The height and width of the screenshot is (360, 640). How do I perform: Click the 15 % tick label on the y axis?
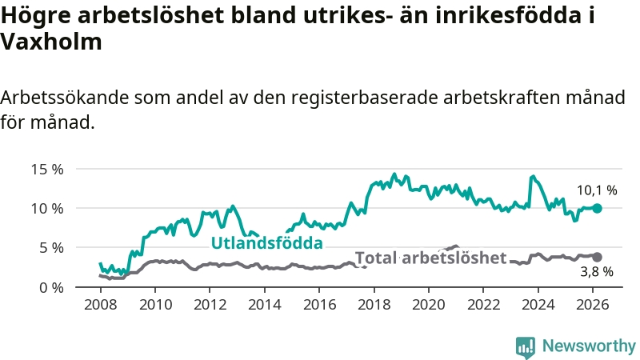point(47,169)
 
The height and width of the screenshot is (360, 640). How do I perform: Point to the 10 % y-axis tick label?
point(47,208)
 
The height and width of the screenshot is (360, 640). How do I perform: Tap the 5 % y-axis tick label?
point(50,247)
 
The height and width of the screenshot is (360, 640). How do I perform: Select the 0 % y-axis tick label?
point(50,286)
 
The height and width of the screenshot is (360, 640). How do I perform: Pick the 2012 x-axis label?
point(210,305)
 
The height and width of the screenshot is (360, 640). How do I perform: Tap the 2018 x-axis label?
point(374,305)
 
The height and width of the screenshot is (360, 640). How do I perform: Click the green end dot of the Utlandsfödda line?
point(597,208)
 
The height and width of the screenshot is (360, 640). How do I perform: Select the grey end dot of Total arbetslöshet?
point(597,257)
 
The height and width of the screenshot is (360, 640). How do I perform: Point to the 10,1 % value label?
point(597,190)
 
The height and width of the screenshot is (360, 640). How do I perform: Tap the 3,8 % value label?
point(596,272)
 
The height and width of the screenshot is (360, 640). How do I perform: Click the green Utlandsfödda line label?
point(266,242)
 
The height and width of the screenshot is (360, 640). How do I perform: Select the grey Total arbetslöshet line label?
point(430,258)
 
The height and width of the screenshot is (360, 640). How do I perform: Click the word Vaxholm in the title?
point(52,42)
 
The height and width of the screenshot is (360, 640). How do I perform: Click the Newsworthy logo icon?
point(526,346)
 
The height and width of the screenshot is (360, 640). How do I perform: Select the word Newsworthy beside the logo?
point(589,346)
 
